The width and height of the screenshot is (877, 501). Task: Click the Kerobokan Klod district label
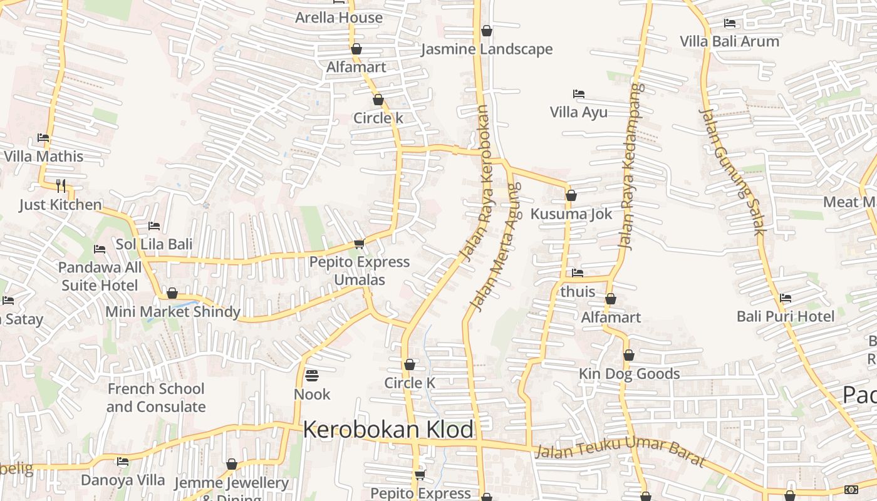click(388, 430)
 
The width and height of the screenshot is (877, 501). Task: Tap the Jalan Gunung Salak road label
click(732, 172)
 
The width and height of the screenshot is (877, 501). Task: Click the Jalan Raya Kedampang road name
click(631, 166)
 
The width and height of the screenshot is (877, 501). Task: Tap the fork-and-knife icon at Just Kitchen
click(61, 185)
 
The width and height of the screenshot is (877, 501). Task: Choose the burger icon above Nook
click(311, 376)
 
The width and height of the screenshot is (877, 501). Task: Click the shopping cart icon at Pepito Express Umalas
click(359, 243)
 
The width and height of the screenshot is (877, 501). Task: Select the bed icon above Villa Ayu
click(579, 94)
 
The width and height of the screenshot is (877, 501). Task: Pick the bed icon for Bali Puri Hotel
click(786, 297)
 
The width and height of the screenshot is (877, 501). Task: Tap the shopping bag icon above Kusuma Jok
click(571, 195)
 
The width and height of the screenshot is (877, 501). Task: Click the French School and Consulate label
click(156, 398)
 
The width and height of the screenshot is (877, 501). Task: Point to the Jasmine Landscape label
click(487, 49)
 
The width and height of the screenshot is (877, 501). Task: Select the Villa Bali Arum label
click(730, 41)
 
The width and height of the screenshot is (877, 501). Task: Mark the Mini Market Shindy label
click(173, 311)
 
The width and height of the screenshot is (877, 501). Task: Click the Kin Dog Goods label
click(629, 374)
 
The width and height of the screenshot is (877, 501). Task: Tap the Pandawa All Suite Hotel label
click(100, 276)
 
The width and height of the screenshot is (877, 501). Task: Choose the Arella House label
click(339, 18)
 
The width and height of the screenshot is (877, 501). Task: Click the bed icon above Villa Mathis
click(43, 137)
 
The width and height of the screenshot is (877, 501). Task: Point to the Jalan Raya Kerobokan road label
click(477, 183)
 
